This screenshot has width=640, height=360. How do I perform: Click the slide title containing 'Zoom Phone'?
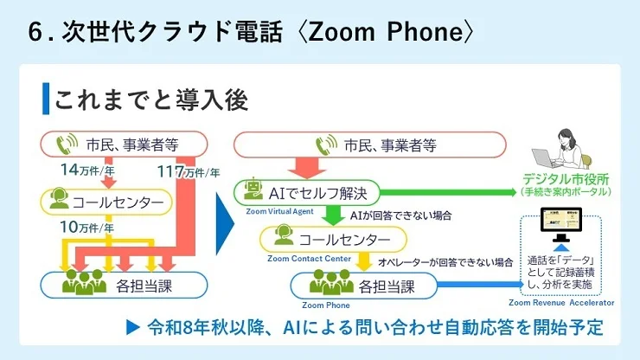pyautogui.click(x=251, y=32)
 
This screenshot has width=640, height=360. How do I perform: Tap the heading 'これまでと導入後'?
pyautogui.click(x=151, y=100)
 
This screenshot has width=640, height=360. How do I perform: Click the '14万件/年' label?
pyautogui.click(x=79, y=169)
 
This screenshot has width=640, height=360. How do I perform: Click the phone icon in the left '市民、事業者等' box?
pyautogui.click(x=67, y=144)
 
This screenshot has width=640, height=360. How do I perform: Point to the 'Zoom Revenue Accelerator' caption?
pyautogui.click(x=561, y=304)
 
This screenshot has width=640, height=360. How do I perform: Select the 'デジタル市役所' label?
pyautogui.click(x=567, y=179)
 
